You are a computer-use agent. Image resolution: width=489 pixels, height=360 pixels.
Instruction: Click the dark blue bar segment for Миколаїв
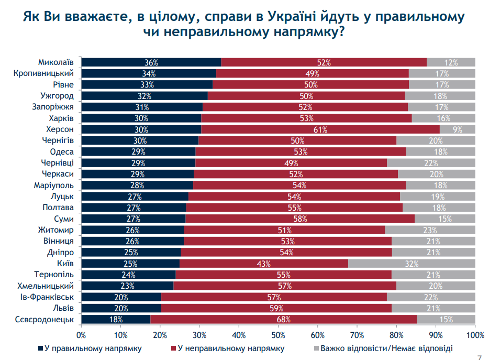(151, 62)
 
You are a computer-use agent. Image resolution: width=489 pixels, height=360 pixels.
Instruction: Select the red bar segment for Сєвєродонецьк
(283, 319)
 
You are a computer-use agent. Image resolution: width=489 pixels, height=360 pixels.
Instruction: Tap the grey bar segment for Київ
(412, 264)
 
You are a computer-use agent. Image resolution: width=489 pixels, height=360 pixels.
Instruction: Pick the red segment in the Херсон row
(320, 129)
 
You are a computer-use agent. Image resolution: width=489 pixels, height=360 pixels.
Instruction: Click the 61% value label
(320, 129)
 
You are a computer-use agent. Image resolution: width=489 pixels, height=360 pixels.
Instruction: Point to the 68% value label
(283, 319)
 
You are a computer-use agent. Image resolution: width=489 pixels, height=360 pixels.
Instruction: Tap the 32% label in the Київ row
(412, 264)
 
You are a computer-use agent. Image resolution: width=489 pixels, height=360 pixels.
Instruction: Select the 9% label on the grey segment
(458, 129)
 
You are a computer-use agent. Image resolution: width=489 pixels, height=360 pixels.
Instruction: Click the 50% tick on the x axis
(278, 334)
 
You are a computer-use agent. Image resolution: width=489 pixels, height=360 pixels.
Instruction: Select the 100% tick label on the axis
(474, 334)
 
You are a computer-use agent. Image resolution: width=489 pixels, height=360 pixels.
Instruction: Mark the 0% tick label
(82, 334)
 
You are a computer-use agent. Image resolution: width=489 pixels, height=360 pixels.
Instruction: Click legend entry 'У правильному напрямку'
(93, 348)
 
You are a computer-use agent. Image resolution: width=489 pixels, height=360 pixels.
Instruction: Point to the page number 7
(480, 356)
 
